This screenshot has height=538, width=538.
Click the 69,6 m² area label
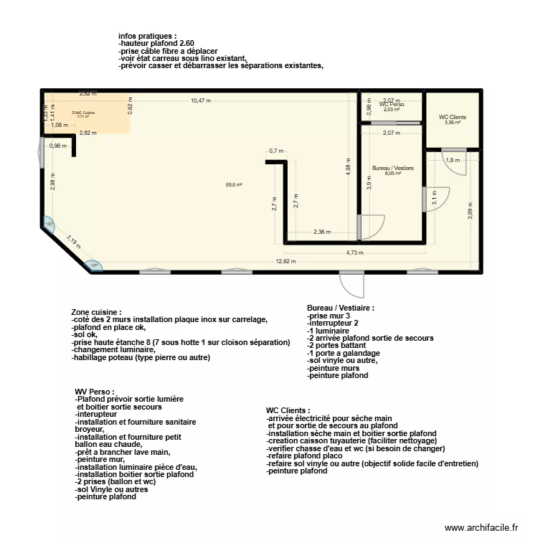(234, 185)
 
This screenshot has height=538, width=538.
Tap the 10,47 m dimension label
(201, 101)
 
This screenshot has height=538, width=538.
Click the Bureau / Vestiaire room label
(392, 168)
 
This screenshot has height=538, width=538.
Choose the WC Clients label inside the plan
(452, 117)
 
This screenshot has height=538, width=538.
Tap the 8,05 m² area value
(392, 174)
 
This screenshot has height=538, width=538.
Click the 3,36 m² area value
(452, 123)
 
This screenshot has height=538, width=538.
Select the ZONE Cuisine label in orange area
(83, 113)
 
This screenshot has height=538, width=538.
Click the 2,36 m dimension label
(323, 232)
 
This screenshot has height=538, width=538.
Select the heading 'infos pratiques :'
(147, 36)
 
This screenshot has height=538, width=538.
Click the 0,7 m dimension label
(277, 151)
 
